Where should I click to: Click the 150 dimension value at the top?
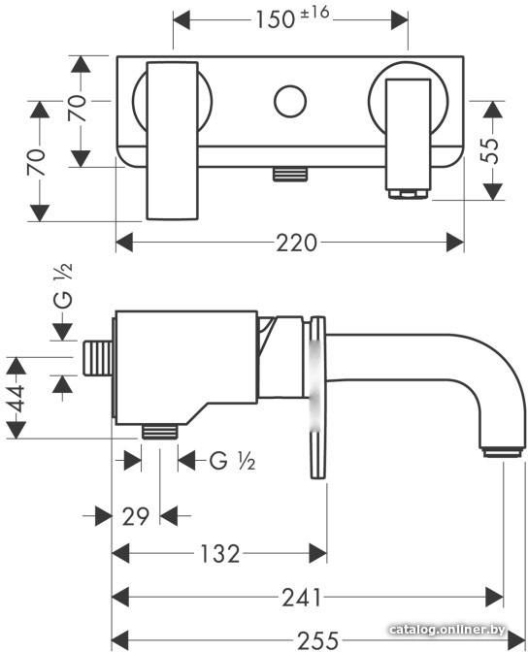tap(275, 20)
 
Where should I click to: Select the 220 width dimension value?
tap(297, 243)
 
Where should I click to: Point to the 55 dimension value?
tap(490, 150)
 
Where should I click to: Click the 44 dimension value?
tap(16, 398)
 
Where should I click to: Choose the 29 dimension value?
tap(136, 516)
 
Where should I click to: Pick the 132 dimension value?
tap(219, 554)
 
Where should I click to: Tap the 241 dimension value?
tap(302, 598)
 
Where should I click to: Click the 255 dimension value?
tap(318, 641)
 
